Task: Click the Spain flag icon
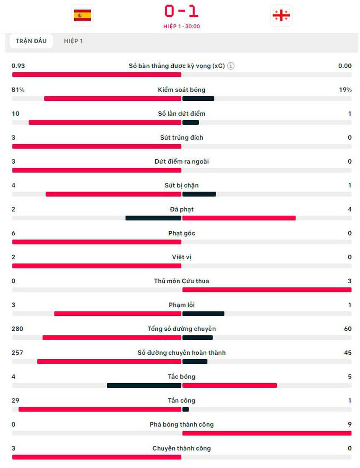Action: tap(82, 15)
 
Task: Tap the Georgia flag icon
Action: tap(281, 15)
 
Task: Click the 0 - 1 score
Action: tap(181, 11)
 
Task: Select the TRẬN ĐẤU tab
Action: tap(31, 41)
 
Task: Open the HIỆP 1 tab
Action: tap(73, 41)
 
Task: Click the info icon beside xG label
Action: tap(231, 66)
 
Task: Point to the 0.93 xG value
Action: tap(18, 66)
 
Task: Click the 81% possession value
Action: tap(18, 90)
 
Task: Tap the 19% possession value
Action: tap(345, 90)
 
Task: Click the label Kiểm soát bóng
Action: tap(182, 90)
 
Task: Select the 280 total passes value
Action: tap(18, 329)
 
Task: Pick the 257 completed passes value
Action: tap(18, 353)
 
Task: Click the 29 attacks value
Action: tap(15, 400)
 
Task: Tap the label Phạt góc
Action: tap(182, 233)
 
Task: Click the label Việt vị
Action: tap(182, 257)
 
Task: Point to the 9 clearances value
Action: tap(350, 425)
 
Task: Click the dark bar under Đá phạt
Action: tap(153, 218)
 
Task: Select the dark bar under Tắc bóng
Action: tap(144, 385)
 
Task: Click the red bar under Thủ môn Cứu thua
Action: tap(267, 289)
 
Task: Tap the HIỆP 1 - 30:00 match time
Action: tap(182, 26)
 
